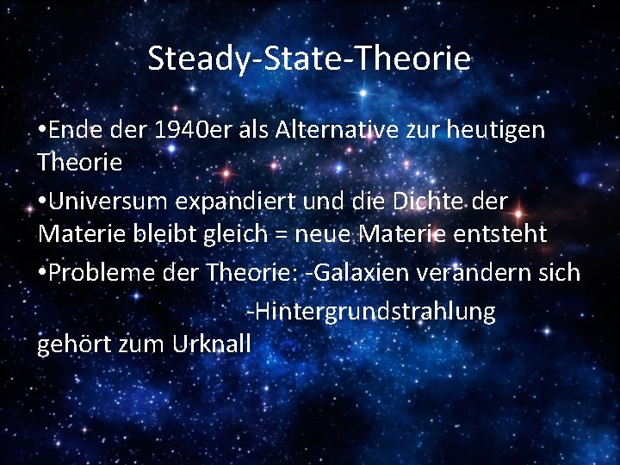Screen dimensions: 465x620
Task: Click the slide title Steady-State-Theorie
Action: tap(309, 59)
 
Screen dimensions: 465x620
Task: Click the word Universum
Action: tap(108, 201)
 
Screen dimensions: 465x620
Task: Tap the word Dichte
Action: tap(421, 201)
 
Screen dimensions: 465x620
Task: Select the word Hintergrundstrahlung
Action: tap(371, 311)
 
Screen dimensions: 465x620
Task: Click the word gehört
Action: tap(70, 344)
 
